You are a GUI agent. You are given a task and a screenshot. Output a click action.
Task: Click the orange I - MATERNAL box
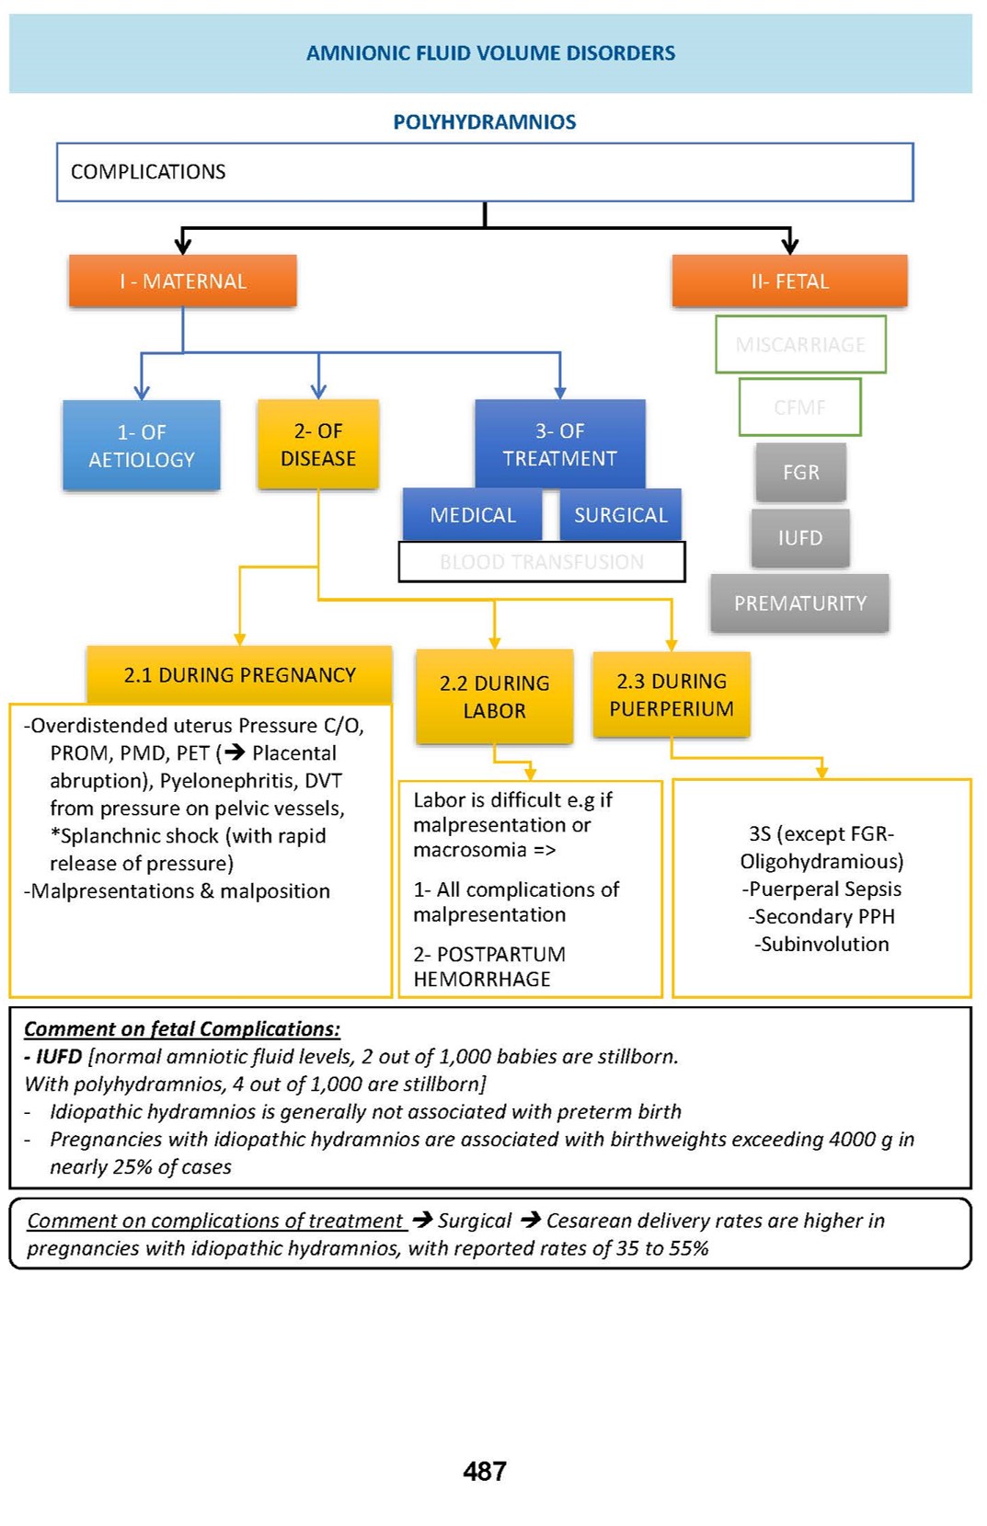(x=182, y=281)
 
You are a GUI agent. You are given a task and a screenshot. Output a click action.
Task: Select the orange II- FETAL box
(x=789, y=281)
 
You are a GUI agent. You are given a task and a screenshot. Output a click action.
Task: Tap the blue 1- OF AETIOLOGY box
(x=142, y=445)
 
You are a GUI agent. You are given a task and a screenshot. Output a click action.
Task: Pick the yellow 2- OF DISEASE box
(x=318, y=444)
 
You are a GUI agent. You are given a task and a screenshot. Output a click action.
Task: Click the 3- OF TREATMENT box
(x=559, y=444)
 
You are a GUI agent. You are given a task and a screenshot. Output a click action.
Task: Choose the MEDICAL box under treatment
(x=473, y=515)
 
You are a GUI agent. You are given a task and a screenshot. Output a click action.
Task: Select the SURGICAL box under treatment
(x=621, y=515)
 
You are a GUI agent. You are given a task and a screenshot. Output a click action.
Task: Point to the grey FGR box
(x=800, y=472)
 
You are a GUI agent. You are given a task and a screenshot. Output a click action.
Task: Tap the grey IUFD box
(x=800, y=538)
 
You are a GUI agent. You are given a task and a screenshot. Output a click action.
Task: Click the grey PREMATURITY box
(x=800, y=603)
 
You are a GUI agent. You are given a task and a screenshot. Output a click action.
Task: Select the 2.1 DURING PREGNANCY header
(x=239, y=675)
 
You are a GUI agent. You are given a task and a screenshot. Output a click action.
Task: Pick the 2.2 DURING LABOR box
(x=494, y=696)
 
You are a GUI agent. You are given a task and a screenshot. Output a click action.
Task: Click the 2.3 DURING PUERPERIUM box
(x=671, y=694)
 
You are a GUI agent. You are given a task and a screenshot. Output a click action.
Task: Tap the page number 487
(x=485, y=1472)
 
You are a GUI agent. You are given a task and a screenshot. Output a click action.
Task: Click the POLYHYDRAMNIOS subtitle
(x=485, y=122)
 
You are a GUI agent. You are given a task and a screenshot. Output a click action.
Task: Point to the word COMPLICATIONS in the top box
(x=148, y=172)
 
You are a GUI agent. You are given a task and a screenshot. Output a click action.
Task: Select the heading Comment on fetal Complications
(x=182, y=1029)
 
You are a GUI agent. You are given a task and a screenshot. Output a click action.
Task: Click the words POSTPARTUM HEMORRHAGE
(x=489, y=967)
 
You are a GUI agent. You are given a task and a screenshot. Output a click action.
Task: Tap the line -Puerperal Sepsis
(x=821, y=889)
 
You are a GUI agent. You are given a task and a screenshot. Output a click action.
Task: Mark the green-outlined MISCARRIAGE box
(x=800, y=344)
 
